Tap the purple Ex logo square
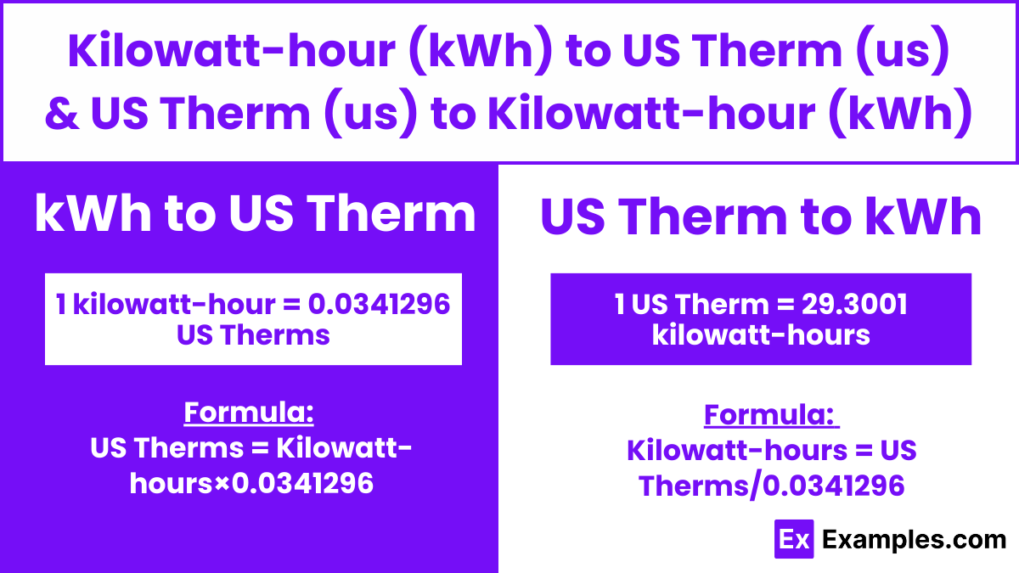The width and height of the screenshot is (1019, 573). tap(794, 539)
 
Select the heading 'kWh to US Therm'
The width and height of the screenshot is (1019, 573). tap(255, 214)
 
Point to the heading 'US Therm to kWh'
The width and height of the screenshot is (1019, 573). tap(761, 218)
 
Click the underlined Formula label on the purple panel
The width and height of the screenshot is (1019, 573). tap(250, 413)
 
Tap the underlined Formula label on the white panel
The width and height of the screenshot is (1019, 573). tap(771, 416)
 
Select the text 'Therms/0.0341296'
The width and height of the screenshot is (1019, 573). tap(771, 486)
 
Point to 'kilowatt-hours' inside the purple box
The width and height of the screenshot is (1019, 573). tap(761, 334)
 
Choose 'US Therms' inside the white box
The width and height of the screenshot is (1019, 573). tap(253, 334)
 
